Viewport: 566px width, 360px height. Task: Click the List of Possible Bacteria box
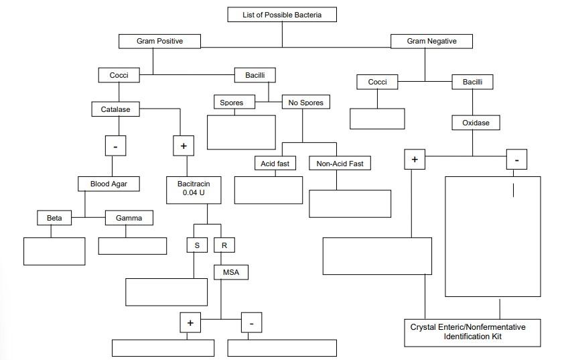click(x=281, y=14)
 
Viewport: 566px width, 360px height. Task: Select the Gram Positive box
click(x=159, y=42)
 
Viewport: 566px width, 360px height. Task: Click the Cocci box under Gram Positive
click(x=119, y=76)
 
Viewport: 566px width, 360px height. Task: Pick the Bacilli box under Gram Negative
click(x=477, y=82)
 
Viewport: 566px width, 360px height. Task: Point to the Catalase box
click(x=115, y=109)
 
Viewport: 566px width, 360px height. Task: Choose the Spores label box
click(x=231, y=103)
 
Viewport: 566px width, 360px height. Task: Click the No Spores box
click(x=305, y=103)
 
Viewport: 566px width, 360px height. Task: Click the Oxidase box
click(x=476, y=123)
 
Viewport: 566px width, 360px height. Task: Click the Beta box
click(x=54, y=218)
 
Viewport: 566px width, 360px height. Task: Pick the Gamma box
click(x=129, y=218)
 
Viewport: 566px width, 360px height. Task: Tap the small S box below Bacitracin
click(x=197, y=245)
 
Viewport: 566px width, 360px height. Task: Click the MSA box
click(x=230, y=272)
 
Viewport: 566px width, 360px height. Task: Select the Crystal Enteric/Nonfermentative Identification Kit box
click(x=472, y=332)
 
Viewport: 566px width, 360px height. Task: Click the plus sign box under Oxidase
click(x=415, y=160)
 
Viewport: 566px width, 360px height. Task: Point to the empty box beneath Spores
click(x=241, y=132)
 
